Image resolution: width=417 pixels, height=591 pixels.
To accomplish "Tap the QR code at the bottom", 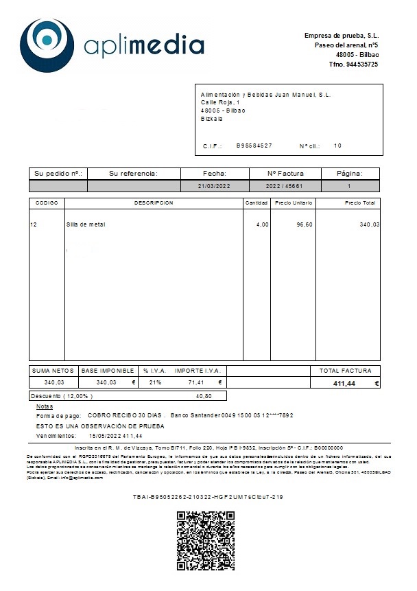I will point(206,541).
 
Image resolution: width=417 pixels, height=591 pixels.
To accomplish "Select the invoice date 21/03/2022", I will point(214,186).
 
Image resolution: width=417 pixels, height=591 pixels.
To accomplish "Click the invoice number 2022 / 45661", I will point(285,186).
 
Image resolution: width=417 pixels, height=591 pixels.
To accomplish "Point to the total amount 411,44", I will point(344,384).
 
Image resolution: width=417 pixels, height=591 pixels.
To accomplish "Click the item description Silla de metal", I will point(86,224).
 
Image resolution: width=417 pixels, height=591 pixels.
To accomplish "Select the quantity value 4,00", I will point(262,224).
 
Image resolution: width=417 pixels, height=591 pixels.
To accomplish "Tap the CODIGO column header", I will point(47,203).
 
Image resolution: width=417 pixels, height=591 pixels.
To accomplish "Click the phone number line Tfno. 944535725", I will point(353,64).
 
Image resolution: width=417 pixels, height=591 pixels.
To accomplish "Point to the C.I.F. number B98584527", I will point(254,146).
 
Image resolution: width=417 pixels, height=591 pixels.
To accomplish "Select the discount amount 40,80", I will point(204,396).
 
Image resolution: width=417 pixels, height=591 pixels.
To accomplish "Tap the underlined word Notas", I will point(44,406).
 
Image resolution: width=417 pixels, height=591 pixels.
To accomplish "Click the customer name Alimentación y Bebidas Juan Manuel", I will point(266,95).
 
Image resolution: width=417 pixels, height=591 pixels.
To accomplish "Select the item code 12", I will point(33,224).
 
